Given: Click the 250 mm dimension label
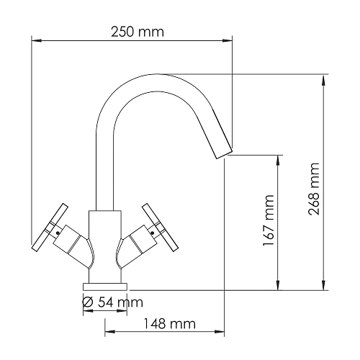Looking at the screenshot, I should point(137,32).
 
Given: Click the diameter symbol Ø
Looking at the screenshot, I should point(88,302).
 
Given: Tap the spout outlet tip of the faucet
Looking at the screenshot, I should point(225,150).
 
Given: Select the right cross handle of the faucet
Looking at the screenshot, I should point(161,226).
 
